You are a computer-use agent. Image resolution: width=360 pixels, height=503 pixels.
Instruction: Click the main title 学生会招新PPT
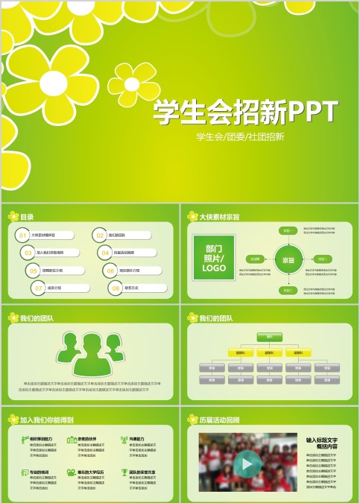245,112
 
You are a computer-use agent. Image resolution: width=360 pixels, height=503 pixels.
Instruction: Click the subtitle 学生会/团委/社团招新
239,137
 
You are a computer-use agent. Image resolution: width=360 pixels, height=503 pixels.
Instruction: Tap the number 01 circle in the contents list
23,235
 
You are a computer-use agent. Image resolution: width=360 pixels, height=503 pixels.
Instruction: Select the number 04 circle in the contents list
105,253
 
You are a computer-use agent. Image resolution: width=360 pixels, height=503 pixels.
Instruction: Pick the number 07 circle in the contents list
38,288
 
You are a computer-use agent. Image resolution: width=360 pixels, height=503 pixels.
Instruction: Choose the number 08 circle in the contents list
114,288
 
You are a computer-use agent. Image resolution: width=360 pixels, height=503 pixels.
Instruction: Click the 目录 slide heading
27,217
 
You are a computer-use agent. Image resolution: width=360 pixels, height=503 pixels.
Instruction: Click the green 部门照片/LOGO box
214,258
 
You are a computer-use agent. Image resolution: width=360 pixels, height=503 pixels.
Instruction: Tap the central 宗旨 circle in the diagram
288,260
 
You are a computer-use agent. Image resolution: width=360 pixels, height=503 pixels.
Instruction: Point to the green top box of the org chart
269,336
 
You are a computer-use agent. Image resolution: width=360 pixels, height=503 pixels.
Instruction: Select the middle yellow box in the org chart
269,352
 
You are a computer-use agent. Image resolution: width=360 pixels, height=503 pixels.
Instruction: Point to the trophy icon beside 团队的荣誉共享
124,472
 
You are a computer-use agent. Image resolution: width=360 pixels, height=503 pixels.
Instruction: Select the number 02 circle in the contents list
99,235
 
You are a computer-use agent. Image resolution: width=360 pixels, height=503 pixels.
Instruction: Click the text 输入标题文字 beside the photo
322,440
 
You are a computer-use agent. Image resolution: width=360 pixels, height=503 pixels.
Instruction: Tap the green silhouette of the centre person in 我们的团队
89,355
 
